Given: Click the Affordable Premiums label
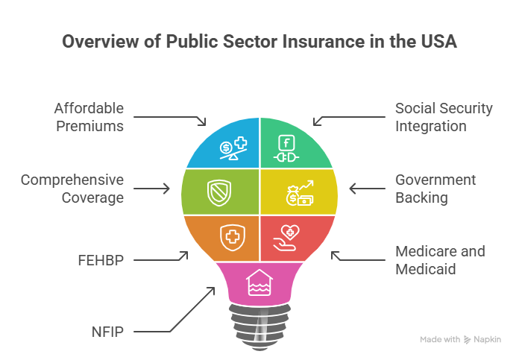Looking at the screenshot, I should pos(89,117).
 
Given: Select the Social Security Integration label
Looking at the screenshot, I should pos(444,117).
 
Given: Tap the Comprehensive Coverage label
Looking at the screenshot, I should pos(72,189).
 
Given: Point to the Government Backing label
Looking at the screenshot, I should pos(435,189).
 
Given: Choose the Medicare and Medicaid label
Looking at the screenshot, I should pos(440,260).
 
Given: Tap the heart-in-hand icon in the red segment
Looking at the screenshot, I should pos(288,238).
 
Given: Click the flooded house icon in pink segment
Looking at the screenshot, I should pos(259,282).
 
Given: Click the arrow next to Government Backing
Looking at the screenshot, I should pos(365,189).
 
